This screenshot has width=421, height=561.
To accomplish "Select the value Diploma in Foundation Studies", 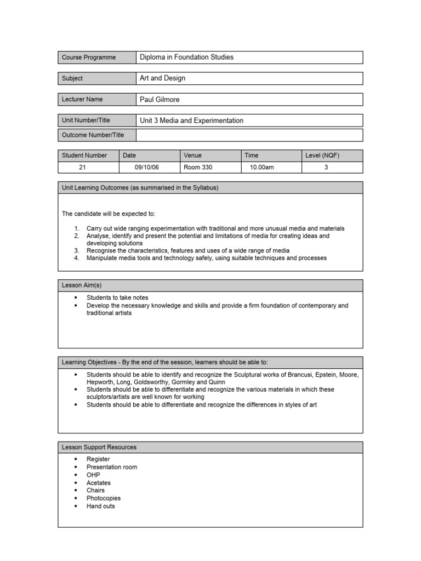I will [x=187, y=57].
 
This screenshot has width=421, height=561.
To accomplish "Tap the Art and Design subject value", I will [x=163, y=78].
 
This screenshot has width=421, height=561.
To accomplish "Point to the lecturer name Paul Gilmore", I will [x=160, y=100].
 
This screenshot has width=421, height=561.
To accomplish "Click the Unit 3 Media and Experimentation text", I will [x=192, y=121].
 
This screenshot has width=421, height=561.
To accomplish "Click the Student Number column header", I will [x=84, y=156].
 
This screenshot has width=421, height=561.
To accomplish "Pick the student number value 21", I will [x=83, y=168].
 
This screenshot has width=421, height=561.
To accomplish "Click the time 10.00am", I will [x=261, y=168].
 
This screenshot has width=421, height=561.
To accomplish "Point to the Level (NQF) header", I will [x=322, y=156].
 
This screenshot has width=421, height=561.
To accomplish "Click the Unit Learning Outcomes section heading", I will [x=140, y=187].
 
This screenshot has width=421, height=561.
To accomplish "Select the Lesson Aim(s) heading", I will [x=82, y=285].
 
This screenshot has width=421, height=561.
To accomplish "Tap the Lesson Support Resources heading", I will [x=99, y=447].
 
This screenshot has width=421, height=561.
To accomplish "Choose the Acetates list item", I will [x=99, y=483].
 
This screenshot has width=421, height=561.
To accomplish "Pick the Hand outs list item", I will [x=101, y=506].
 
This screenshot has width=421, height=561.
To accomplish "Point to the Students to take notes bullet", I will [x=117, y=297].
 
